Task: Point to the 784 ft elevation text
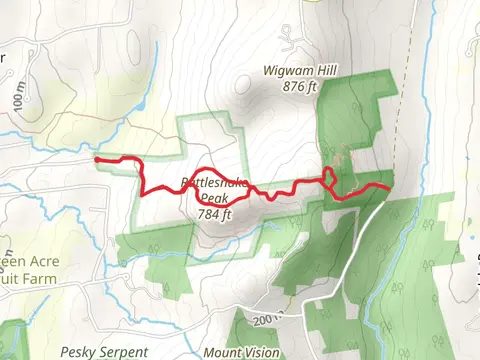coord(214,213)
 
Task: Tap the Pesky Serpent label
coord(104,351)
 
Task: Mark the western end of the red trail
coord(96,158)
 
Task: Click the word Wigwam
coord(285,71)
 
